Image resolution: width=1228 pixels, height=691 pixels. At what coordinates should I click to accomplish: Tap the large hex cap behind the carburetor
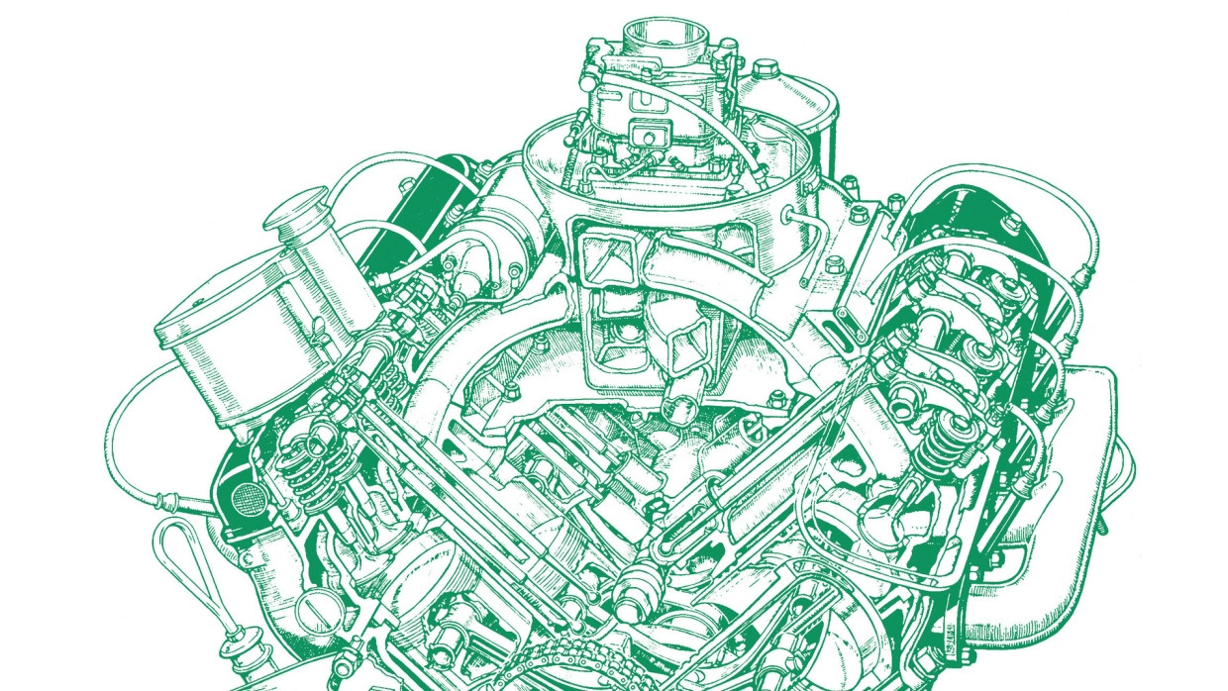pyautogui.click(x=764, y=70)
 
